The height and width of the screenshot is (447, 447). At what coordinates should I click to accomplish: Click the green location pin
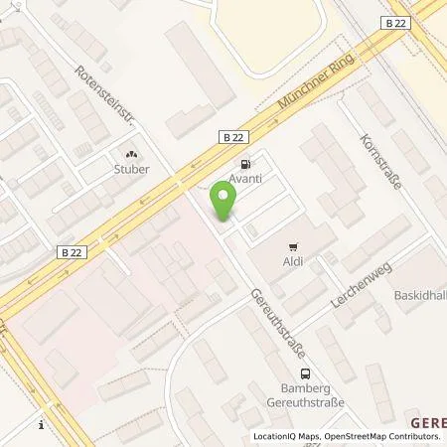(224, 203)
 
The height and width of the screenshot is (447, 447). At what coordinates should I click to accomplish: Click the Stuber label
(131, 170)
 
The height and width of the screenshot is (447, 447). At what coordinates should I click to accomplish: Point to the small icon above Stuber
(131, 154)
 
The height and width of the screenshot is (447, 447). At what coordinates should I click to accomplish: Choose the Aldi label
(293, 261)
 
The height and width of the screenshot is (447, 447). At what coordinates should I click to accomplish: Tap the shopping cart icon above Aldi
(293, 246)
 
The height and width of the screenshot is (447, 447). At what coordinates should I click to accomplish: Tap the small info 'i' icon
(41, 425)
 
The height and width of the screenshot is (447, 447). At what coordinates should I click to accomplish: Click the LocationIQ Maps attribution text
(288, 437)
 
